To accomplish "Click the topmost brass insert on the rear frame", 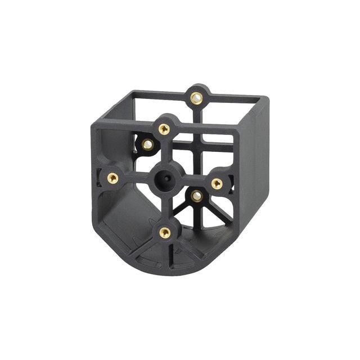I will [196, 98].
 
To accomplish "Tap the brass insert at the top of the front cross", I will [164, 129].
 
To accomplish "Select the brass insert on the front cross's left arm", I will [113, 178].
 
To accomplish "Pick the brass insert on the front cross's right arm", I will [217, 183].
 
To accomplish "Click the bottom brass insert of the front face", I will [165, 232].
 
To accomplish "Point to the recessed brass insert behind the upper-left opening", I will [147, 145].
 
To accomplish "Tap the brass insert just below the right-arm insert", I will [196, 196].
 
